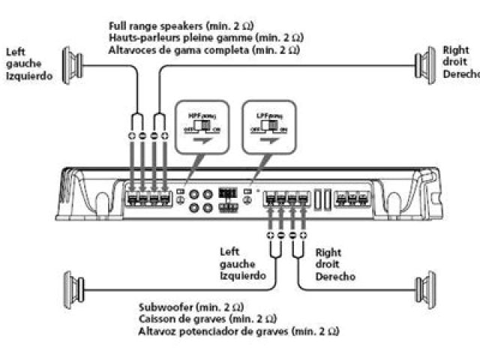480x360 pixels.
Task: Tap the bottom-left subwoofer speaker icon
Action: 73,289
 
